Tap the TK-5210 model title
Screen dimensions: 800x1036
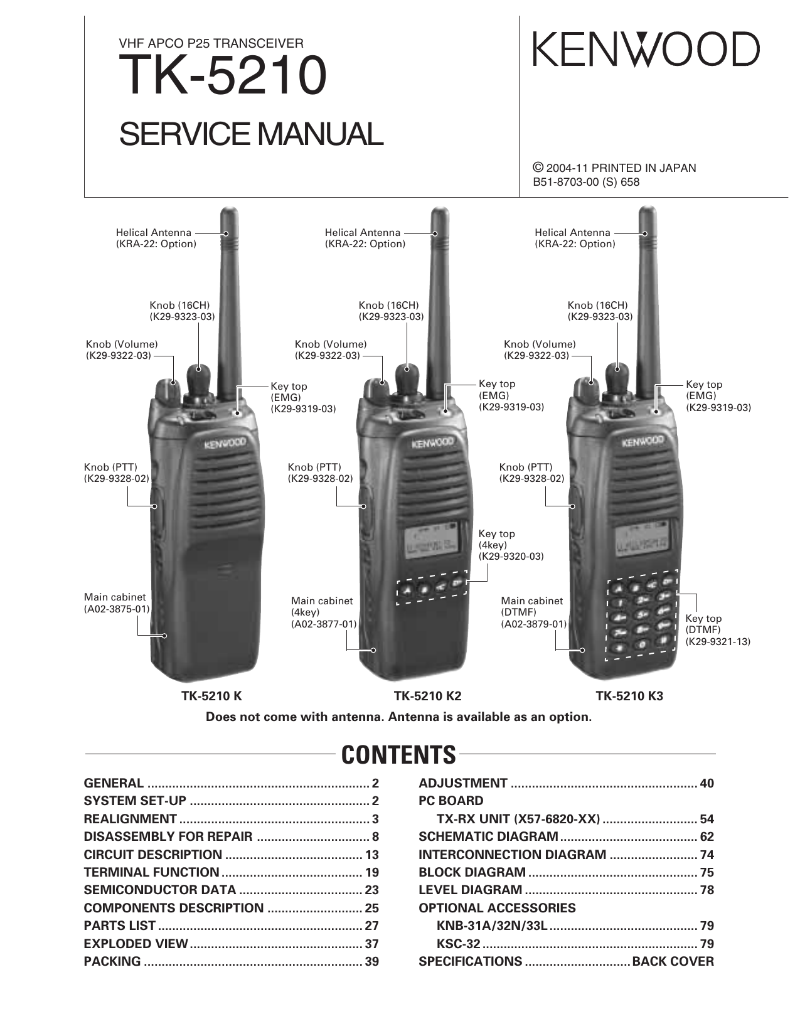point(223,76)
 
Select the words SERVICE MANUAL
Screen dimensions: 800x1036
point(251,134)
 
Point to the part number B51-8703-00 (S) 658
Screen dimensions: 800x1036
point(586,182)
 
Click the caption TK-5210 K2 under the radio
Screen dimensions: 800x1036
point(428,696)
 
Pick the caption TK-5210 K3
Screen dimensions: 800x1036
point(629,696)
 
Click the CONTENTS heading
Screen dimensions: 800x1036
point(398,755)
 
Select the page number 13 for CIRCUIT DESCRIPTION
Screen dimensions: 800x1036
point(372,855)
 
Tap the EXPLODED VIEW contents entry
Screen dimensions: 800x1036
point(136,944)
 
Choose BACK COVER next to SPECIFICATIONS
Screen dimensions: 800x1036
point(673,961)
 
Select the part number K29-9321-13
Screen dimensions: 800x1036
point(718,642)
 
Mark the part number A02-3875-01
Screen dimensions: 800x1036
point(117,609)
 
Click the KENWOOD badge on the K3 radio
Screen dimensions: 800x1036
point(642,442)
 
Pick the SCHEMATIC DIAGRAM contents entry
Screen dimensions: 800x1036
point(488,836)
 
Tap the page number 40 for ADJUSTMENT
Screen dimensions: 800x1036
point(707,783)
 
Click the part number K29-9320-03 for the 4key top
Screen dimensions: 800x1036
point(511,557)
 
